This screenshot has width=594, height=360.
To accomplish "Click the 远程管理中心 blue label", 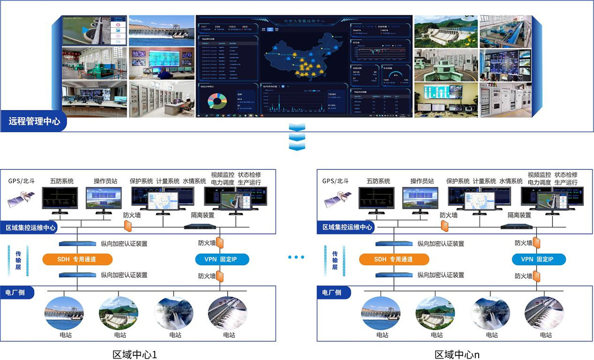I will pyautogui.click(x=34, y=121).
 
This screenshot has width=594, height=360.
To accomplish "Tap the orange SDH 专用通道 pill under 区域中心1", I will pyautogui.click(x=77, y=259).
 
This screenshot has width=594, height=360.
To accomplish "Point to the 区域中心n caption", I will pyautogui.click(x=457, y=355).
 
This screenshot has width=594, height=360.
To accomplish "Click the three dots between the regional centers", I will pyautogui.click(x=296, y=257).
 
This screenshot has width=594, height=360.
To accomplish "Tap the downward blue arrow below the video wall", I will pyautogui.click(x=296, y=137).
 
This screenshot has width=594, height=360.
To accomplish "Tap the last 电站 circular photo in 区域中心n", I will pyautogui.click(x=545, y=313).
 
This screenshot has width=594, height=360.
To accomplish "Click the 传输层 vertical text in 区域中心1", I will pyautogui.click(x=17, y=258).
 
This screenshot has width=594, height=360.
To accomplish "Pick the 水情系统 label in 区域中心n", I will pyautogui.click(x=511, y=182).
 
